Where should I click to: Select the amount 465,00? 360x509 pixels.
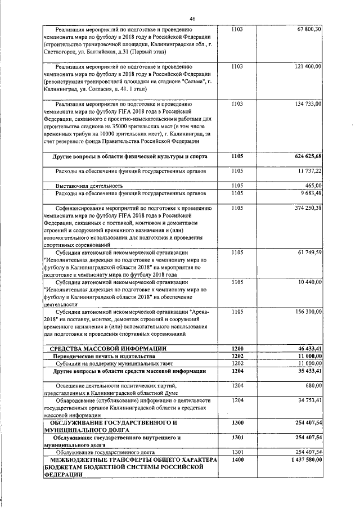(313, 185)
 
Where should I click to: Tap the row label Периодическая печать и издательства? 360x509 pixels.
(103, 357)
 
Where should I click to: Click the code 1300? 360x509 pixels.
(237, 422)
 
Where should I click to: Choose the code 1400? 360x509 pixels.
(237, 460)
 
